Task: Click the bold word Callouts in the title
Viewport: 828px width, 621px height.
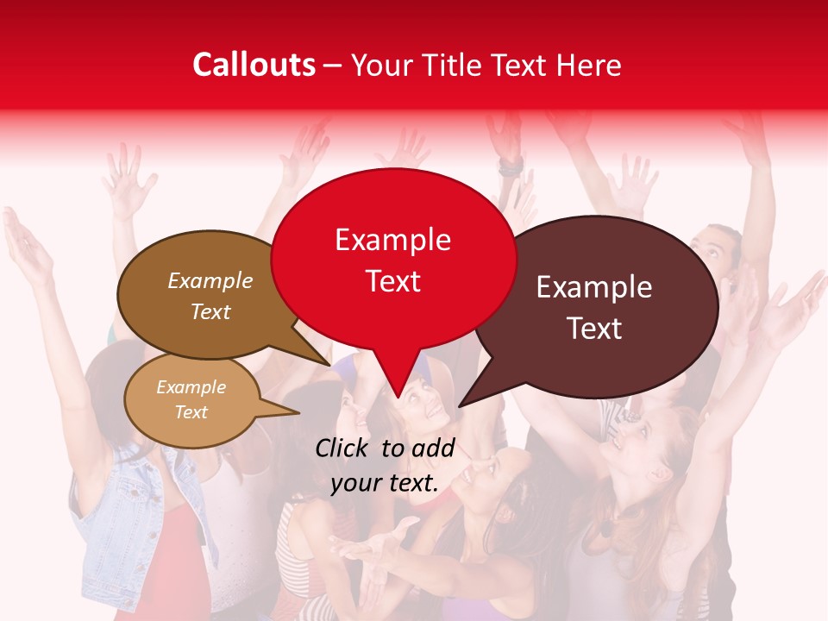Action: (x=254, y=65)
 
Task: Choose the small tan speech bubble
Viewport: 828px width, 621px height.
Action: (x=191, y=400)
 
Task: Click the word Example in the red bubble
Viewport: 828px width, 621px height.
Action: (x=393, y=240)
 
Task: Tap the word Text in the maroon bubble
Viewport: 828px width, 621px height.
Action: (x=595, y=329)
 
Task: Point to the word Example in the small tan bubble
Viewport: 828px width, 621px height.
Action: (x=191, y=387)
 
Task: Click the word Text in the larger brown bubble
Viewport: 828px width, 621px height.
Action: (x=210, y=312)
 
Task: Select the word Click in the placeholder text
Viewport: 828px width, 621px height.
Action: (x=342, y=448)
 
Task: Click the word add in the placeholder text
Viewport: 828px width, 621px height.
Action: (x=432, y=448)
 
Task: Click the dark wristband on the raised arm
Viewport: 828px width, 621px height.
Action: (x=510, y=166)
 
